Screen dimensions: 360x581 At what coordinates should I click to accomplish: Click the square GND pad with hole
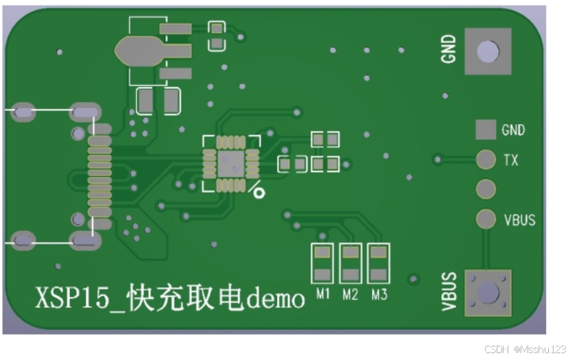click(x=488, y=51)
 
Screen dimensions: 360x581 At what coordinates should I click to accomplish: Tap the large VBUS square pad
click(x=488, y=293)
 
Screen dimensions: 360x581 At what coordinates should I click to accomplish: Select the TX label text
click(x=511, y=160)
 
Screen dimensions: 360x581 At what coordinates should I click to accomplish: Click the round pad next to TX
click(x=486, y=159)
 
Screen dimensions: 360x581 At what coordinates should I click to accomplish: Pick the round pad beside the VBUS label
click(x=486, y=219)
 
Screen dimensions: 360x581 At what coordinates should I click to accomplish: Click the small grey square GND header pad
click(x=486, y=130)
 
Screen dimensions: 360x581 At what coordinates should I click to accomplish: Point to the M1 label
click(x=323, y=295)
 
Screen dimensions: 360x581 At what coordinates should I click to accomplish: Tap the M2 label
click(x=351, y=295)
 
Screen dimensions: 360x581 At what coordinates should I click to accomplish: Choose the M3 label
click(x=379, y=295)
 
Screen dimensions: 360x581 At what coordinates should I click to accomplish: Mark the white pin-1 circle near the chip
click(x=259, y=192)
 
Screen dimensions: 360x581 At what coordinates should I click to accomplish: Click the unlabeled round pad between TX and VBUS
click(x=486, y=189)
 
